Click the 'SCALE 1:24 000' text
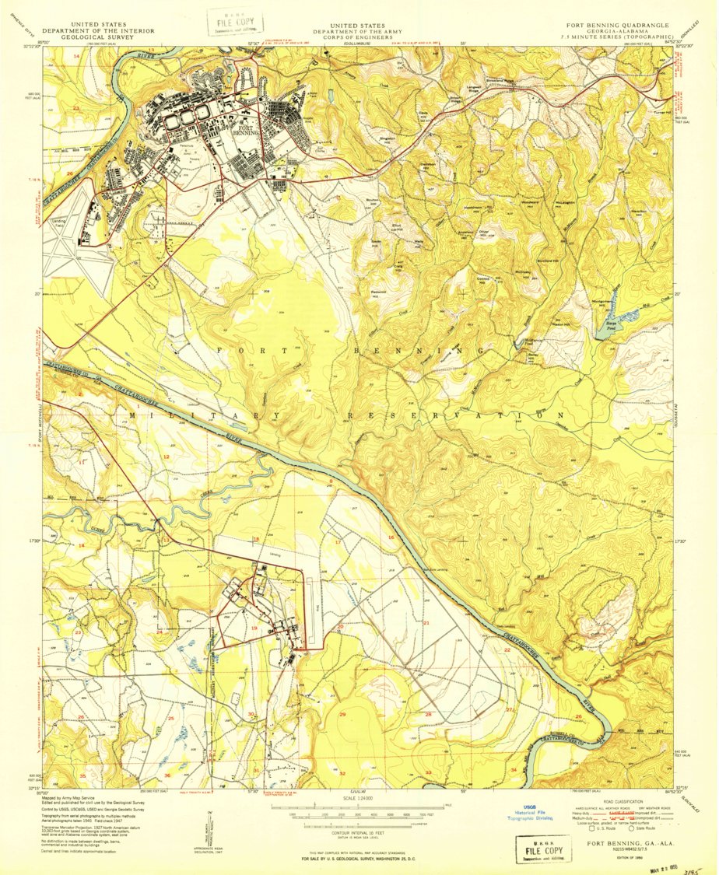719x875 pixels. pos(359,798)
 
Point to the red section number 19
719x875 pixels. pos(254,628)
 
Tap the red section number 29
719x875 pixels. pos(342,714)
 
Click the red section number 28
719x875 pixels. pos(428,714)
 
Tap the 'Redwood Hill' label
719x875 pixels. pos(380,292)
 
